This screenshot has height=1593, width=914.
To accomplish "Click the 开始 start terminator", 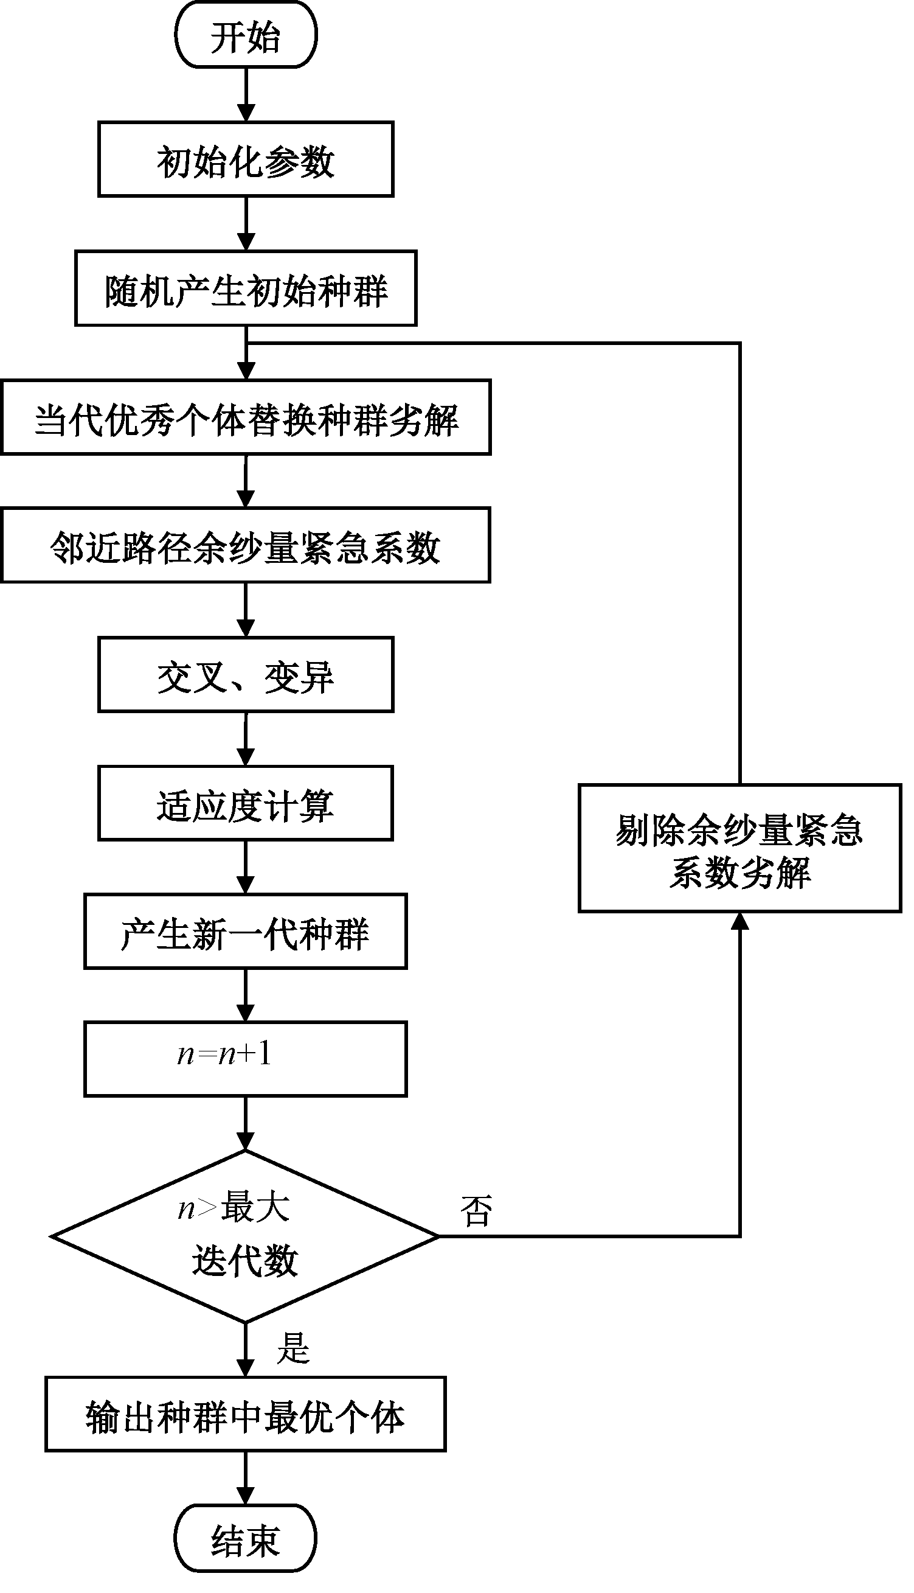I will tap(246, 35).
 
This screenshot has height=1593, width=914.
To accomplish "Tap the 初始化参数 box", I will tap(246, 159).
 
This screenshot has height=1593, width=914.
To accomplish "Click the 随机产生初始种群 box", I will tap(246, 289).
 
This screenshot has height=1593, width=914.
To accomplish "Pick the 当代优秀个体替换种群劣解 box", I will tap(246, 417).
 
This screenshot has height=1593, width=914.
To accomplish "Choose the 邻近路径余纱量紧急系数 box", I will tap(246, 546).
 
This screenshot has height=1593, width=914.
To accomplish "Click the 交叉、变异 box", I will tap(246, 675).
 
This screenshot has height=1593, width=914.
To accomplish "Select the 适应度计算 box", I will tap(246, 804).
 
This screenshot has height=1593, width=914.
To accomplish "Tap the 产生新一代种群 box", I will tap(246, 932).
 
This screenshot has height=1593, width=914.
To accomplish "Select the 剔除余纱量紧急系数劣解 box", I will tap(739, 848).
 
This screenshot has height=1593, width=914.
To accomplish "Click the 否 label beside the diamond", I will tap(476, 1211).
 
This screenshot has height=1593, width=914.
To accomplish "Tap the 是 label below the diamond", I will tap(293, 1348).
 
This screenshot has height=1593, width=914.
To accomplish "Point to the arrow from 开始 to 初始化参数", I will tap(246, 94).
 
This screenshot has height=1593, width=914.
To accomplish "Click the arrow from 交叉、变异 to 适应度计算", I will tap(246, 739).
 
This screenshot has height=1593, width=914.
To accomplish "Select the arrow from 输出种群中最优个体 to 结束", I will tap(246, 1479).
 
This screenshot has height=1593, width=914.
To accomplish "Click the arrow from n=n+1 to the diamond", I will tap(246, 1124).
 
